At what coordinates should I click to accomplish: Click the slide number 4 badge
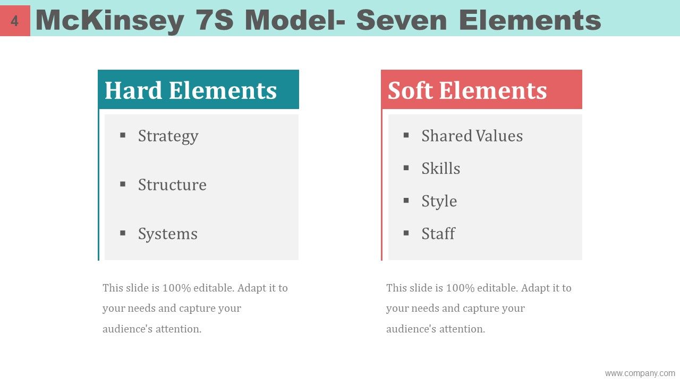click(x=15, y=21)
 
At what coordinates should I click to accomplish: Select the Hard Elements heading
click(x=191, y=90)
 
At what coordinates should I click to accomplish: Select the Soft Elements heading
click(x=467, y=90)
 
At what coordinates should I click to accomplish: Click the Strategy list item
click(x=168, y=136)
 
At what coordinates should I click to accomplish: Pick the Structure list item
click(x=172, y=185)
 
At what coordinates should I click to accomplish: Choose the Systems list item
click(x=168, y=234)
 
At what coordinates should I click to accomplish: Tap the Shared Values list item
click(x=472, y=136)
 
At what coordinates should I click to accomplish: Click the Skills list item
click(x=440, y=169)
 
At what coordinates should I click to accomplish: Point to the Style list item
click(x=439, y=201)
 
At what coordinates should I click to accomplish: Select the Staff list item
click(x=438, y=234)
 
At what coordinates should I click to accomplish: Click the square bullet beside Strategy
click(x=123, y=135)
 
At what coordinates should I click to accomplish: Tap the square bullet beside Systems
click(x=123, y=233)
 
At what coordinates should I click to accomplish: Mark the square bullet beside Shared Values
click(x=406, y=135)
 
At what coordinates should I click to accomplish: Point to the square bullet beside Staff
click(x=406, y=233)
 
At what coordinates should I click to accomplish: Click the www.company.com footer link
click(x=640, y=373)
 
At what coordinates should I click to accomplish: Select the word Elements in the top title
click(x=530, y=21)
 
